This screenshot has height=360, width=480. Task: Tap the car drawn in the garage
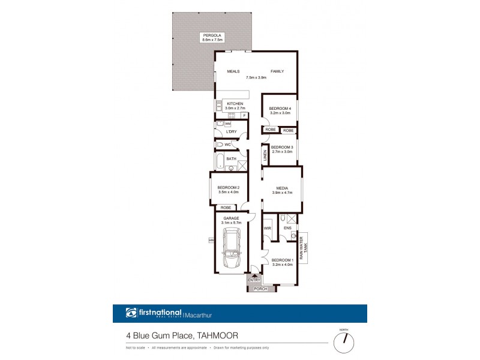pos(231,249)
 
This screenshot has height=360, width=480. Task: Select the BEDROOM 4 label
pos(280,108)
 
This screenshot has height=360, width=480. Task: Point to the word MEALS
pos(233,71)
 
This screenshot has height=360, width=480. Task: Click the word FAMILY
pos(277,71)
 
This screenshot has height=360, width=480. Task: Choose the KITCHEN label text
pos(235,104)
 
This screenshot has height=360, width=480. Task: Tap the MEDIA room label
pos(283,187)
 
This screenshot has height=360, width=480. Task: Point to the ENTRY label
pos(254,280)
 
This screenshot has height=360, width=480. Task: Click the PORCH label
pos(260,289)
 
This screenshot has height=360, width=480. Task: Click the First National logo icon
pos(131,313)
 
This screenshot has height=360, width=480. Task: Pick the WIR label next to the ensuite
pos(268,228)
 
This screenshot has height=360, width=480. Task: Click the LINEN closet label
pos(265,156)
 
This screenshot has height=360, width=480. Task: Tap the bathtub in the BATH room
pos(220,161)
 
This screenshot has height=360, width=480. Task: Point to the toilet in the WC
pos(220,145)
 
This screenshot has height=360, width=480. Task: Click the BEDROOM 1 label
pos(282,260)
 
